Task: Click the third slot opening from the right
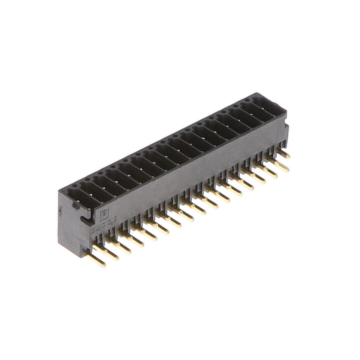click(245, 117)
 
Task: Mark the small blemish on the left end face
click(61, 213)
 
